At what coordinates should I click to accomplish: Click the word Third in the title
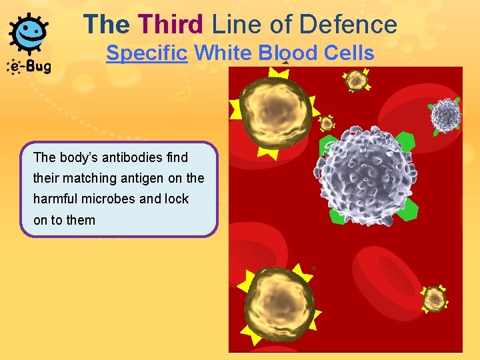click(171, 25)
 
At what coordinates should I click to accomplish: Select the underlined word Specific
click(147, 53)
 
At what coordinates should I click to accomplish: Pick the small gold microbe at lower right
click(435, 297)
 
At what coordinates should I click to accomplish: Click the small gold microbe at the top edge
click(357, 80)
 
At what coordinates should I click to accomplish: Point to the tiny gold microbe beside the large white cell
click(327, 123)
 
